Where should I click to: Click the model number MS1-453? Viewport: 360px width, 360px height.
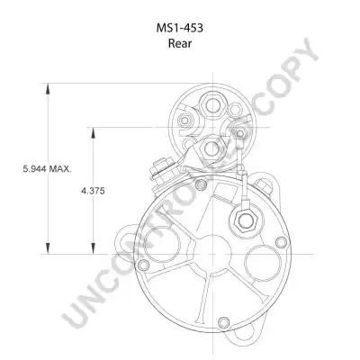(x=180, y=28)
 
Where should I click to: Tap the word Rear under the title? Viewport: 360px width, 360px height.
(x=180, y=43)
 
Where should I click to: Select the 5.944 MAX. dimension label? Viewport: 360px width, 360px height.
(x=48, y=168)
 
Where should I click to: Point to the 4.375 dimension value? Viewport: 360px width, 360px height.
(x=93, y=191)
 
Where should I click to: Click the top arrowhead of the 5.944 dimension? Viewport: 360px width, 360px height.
(x=48, y=89)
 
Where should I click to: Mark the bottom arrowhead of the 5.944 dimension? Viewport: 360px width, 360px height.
(x=48, y=248)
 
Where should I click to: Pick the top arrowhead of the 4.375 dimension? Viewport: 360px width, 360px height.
(x=93, y=133)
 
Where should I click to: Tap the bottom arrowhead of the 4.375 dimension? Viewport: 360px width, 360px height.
(x=93, y=248)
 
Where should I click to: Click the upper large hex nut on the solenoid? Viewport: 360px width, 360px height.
(x=212, y=105)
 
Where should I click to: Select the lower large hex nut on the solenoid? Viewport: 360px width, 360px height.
(x=211, y=148)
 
